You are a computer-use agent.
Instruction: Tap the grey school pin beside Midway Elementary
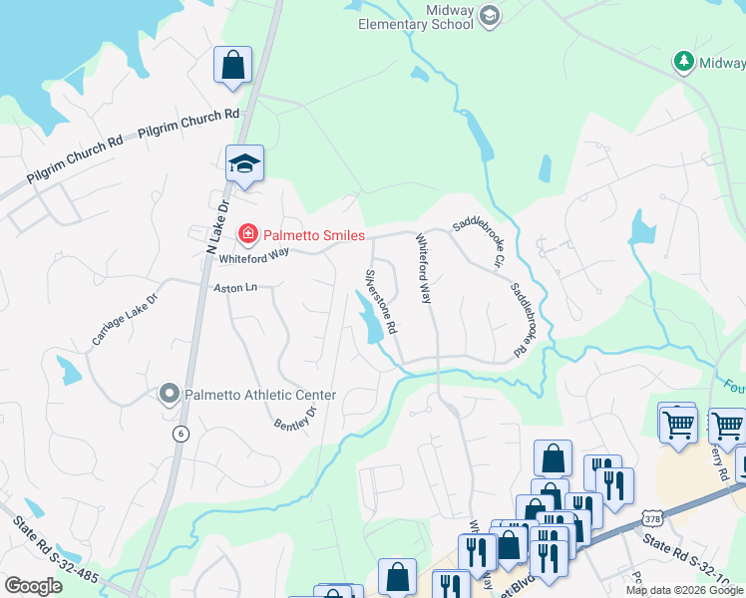coord(489,15)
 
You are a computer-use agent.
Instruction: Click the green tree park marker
coord(683,62)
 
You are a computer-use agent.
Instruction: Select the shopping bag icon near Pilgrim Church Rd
coord(232,66)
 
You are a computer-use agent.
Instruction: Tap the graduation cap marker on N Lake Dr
coord(243,164)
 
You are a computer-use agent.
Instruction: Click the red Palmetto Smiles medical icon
coord(246,235)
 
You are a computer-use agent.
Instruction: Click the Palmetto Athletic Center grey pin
coord(169,395)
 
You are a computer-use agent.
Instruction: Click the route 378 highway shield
coord(652,518)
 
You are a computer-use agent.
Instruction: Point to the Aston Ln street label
coord(235,288)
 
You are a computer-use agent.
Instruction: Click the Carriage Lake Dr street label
coord(125,319)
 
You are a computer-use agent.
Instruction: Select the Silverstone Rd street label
coord(382,300)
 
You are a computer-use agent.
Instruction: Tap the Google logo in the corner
coord(33,586)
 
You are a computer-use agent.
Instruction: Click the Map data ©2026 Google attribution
coord(684,590)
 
